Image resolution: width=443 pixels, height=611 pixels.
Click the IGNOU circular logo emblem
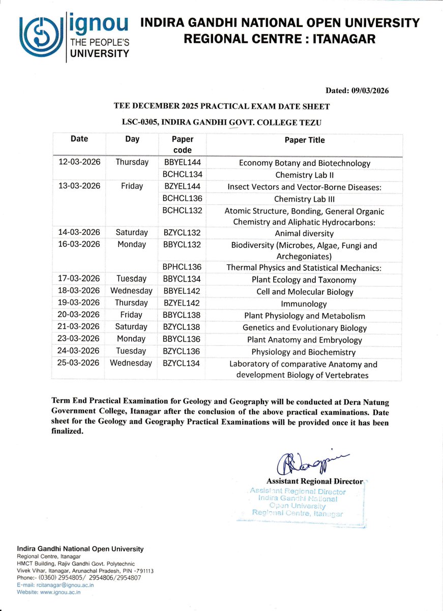(40, 37)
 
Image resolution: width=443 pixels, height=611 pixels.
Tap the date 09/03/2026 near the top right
(369, 91)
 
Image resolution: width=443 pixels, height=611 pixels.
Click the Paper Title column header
(304, 140)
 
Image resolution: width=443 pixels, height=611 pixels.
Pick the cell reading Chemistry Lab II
(304, 175)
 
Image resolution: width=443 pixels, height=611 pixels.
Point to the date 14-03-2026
(79, 232)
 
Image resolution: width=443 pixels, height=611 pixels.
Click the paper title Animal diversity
(304, 233)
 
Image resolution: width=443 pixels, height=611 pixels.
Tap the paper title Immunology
(304, 303)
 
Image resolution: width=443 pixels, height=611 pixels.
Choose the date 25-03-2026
(79, 363)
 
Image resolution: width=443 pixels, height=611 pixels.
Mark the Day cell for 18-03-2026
(131, 291)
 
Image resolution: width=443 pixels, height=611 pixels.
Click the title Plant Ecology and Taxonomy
(304, 280)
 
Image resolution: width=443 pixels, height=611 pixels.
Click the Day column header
(132, 139)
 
